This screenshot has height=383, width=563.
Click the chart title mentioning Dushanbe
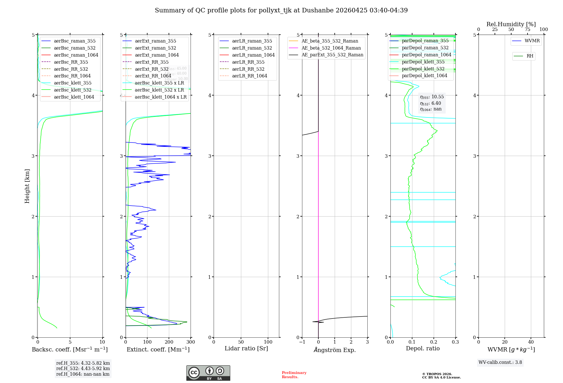coord(281,10)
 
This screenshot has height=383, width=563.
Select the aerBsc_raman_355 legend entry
coord(75,41)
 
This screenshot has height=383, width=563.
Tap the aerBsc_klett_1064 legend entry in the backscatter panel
coord(74,97)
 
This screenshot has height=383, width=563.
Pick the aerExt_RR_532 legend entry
coord(151,69)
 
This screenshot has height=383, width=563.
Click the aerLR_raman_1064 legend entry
coord(253,55)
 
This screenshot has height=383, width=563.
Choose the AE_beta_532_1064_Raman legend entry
coord(331,48)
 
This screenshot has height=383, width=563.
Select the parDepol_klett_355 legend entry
coord(423,62)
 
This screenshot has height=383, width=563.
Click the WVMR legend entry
coord(532,41)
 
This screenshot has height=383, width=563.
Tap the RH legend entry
coord(530,56)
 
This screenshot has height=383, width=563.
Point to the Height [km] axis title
coord(27,186)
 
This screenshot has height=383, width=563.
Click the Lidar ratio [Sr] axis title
coord(246,348)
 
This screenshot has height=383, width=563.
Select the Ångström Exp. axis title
coord(335,350)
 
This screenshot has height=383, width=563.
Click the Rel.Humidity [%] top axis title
coord(511,24)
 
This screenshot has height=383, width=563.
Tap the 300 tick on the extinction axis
coord(191,342)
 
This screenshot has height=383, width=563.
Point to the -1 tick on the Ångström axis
coord(302,342)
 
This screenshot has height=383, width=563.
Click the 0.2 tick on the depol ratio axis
coord(434,342)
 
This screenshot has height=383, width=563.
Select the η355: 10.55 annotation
coord(432,97)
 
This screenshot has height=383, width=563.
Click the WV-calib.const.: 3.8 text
coord(500,362)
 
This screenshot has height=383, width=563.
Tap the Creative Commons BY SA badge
coord(208,373)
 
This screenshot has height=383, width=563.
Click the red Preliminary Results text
coord(294,375)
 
